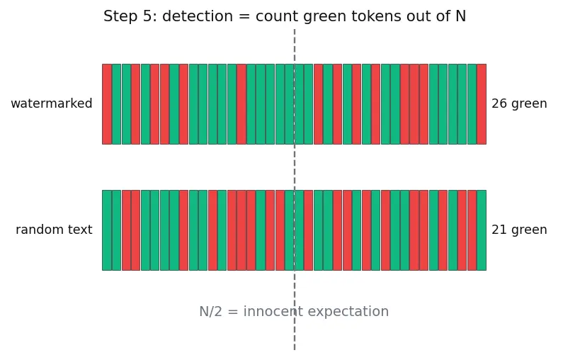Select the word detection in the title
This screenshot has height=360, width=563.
(x=198, y=16)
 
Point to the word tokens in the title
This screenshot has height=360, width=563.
(x=376, y=16)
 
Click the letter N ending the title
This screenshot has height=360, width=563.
(x=461, y=16)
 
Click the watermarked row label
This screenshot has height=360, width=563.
(x=52, y=103)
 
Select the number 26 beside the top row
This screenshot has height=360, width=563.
(x=499, y=103)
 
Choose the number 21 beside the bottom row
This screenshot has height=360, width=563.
(x=499, y=230)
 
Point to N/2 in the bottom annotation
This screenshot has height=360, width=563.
(x=211, y=311)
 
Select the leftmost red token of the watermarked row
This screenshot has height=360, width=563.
(x=107, y=104)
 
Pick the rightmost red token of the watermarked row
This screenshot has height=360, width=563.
(x=482, y=104)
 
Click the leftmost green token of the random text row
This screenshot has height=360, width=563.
(x=107, y=230)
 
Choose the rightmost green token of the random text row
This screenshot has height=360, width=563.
(x=482, y=230)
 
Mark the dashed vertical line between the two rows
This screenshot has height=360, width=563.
(x=295, y=167)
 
